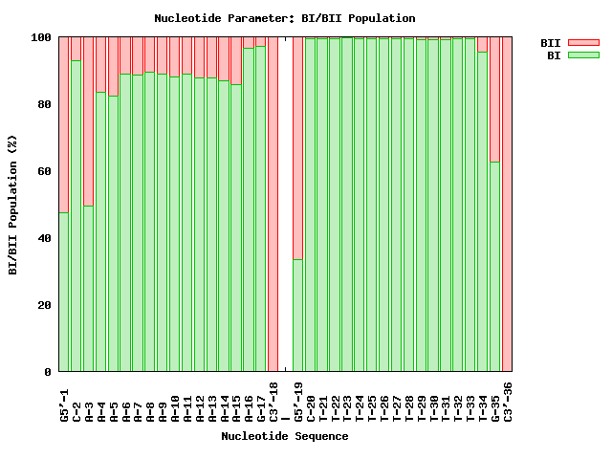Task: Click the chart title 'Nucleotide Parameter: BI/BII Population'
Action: (x=284, y=18)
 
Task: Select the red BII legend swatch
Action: (x=582, y=43)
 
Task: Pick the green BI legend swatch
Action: (x=582, y=55)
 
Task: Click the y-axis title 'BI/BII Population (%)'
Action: (x=13, y=205)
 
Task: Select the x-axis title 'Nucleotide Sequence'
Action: (x=284, y=436)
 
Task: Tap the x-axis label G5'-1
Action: (x=64, y=402)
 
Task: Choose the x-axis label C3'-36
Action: (x=508, y=402)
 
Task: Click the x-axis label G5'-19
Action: (x=298, y=402)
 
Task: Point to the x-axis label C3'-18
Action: (x=273, y=402)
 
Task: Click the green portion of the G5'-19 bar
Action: (x=298, y=316)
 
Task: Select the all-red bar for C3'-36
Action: (x=508, y=205)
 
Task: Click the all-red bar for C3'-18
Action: (x=273, y=205)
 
